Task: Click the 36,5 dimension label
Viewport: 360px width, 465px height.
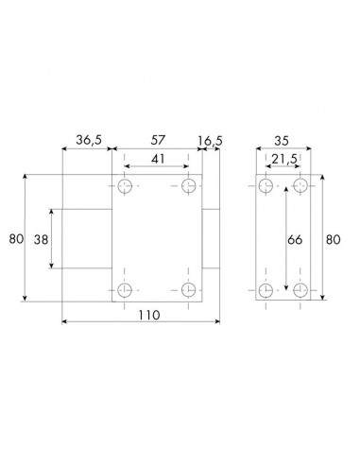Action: tap(89, 140)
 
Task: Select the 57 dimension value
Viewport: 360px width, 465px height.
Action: tap(158, 140)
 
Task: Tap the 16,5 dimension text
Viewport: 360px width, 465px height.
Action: tap(210, 141)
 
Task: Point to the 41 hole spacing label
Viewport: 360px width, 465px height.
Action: tap(158, 159)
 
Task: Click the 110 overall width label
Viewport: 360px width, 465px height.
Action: tap(149, 315)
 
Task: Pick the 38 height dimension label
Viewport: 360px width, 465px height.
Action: tap(41, 240)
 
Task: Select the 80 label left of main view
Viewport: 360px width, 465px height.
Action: tap(16, 239)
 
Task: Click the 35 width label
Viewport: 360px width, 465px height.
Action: tap(282, 141)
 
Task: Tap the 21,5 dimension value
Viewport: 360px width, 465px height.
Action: tap(284, 160)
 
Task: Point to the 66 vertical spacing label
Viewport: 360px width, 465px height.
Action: tap(295, 240)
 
